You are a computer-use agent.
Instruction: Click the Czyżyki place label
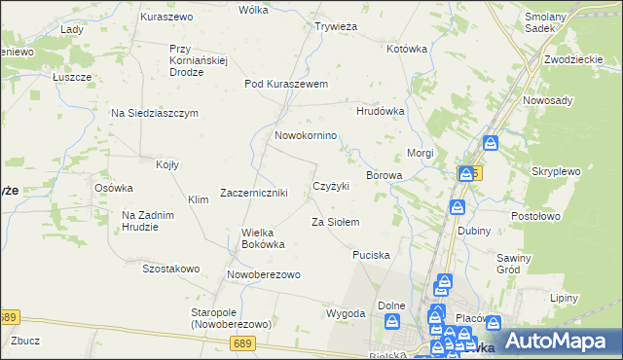coord(330,185)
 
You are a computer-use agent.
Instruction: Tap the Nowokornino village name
coord(306,135)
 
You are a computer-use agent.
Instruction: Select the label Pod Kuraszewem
coord(285,84)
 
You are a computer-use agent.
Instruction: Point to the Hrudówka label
coord(380,111)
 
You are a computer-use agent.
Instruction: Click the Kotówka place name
coord(407,48)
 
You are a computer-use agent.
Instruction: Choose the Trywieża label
coord(333,26)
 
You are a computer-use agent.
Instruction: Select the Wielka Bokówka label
coord(263,237)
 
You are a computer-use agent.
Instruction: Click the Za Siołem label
coord(335,222)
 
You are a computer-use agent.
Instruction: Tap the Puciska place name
coord(371,255)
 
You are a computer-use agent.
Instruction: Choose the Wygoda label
coord(346,313)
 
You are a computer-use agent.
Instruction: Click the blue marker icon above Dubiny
coord(457,207)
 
